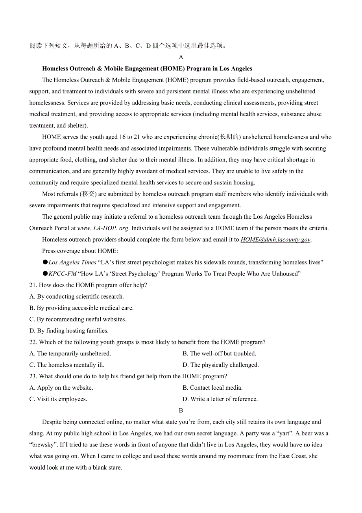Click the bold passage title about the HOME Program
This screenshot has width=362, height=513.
point(147,69)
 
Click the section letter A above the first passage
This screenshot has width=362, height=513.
point(181,57)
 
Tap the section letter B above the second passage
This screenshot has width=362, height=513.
point(181,411)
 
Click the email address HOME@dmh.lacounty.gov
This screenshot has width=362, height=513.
point(275,240)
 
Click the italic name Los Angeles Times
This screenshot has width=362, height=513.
point(72,262)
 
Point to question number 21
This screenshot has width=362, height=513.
point(33,285)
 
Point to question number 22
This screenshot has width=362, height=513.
point(33,342)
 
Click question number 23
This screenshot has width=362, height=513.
point(33,377)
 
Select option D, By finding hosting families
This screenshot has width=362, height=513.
point(69,331)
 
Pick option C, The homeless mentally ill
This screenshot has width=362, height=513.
point(67,365)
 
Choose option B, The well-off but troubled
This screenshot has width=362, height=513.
point(219,354)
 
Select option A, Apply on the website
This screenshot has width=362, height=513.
point(61,388)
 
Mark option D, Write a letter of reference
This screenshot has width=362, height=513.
point(220,399)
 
